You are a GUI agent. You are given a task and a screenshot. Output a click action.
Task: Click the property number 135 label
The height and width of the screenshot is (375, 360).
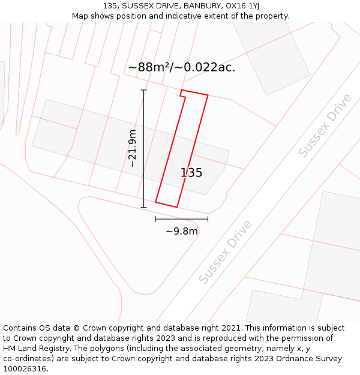pos(191,173)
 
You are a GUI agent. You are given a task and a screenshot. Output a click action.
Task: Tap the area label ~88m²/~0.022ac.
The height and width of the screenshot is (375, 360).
pos(182,67)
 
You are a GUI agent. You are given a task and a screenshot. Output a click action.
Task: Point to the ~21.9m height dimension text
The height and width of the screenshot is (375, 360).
pos(133,148)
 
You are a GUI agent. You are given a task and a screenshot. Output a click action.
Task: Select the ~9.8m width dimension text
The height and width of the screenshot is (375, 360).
pos(182,231)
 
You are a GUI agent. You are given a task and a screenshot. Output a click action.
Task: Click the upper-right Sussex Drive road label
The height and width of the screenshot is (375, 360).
pos(325,126)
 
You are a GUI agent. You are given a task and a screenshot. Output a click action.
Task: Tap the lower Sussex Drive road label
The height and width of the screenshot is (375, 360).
pos(225,253)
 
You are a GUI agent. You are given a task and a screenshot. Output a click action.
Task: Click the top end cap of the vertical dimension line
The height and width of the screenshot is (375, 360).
pos(143,90)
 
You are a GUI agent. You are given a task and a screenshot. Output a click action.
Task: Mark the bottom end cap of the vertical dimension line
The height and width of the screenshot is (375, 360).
pos(143,208)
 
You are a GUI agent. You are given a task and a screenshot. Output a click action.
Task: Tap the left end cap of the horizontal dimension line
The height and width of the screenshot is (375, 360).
pos(156,219)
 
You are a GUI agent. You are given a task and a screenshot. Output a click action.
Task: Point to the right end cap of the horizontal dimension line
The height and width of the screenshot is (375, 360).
pos(208,219)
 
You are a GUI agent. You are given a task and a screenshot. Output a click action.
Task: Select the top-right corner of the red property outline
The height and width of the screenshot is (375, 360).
pos(208,95)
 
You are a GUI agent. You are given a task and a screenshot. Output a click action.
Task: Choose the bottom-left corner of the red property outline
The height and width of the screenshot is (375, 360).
pos(156,202)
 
